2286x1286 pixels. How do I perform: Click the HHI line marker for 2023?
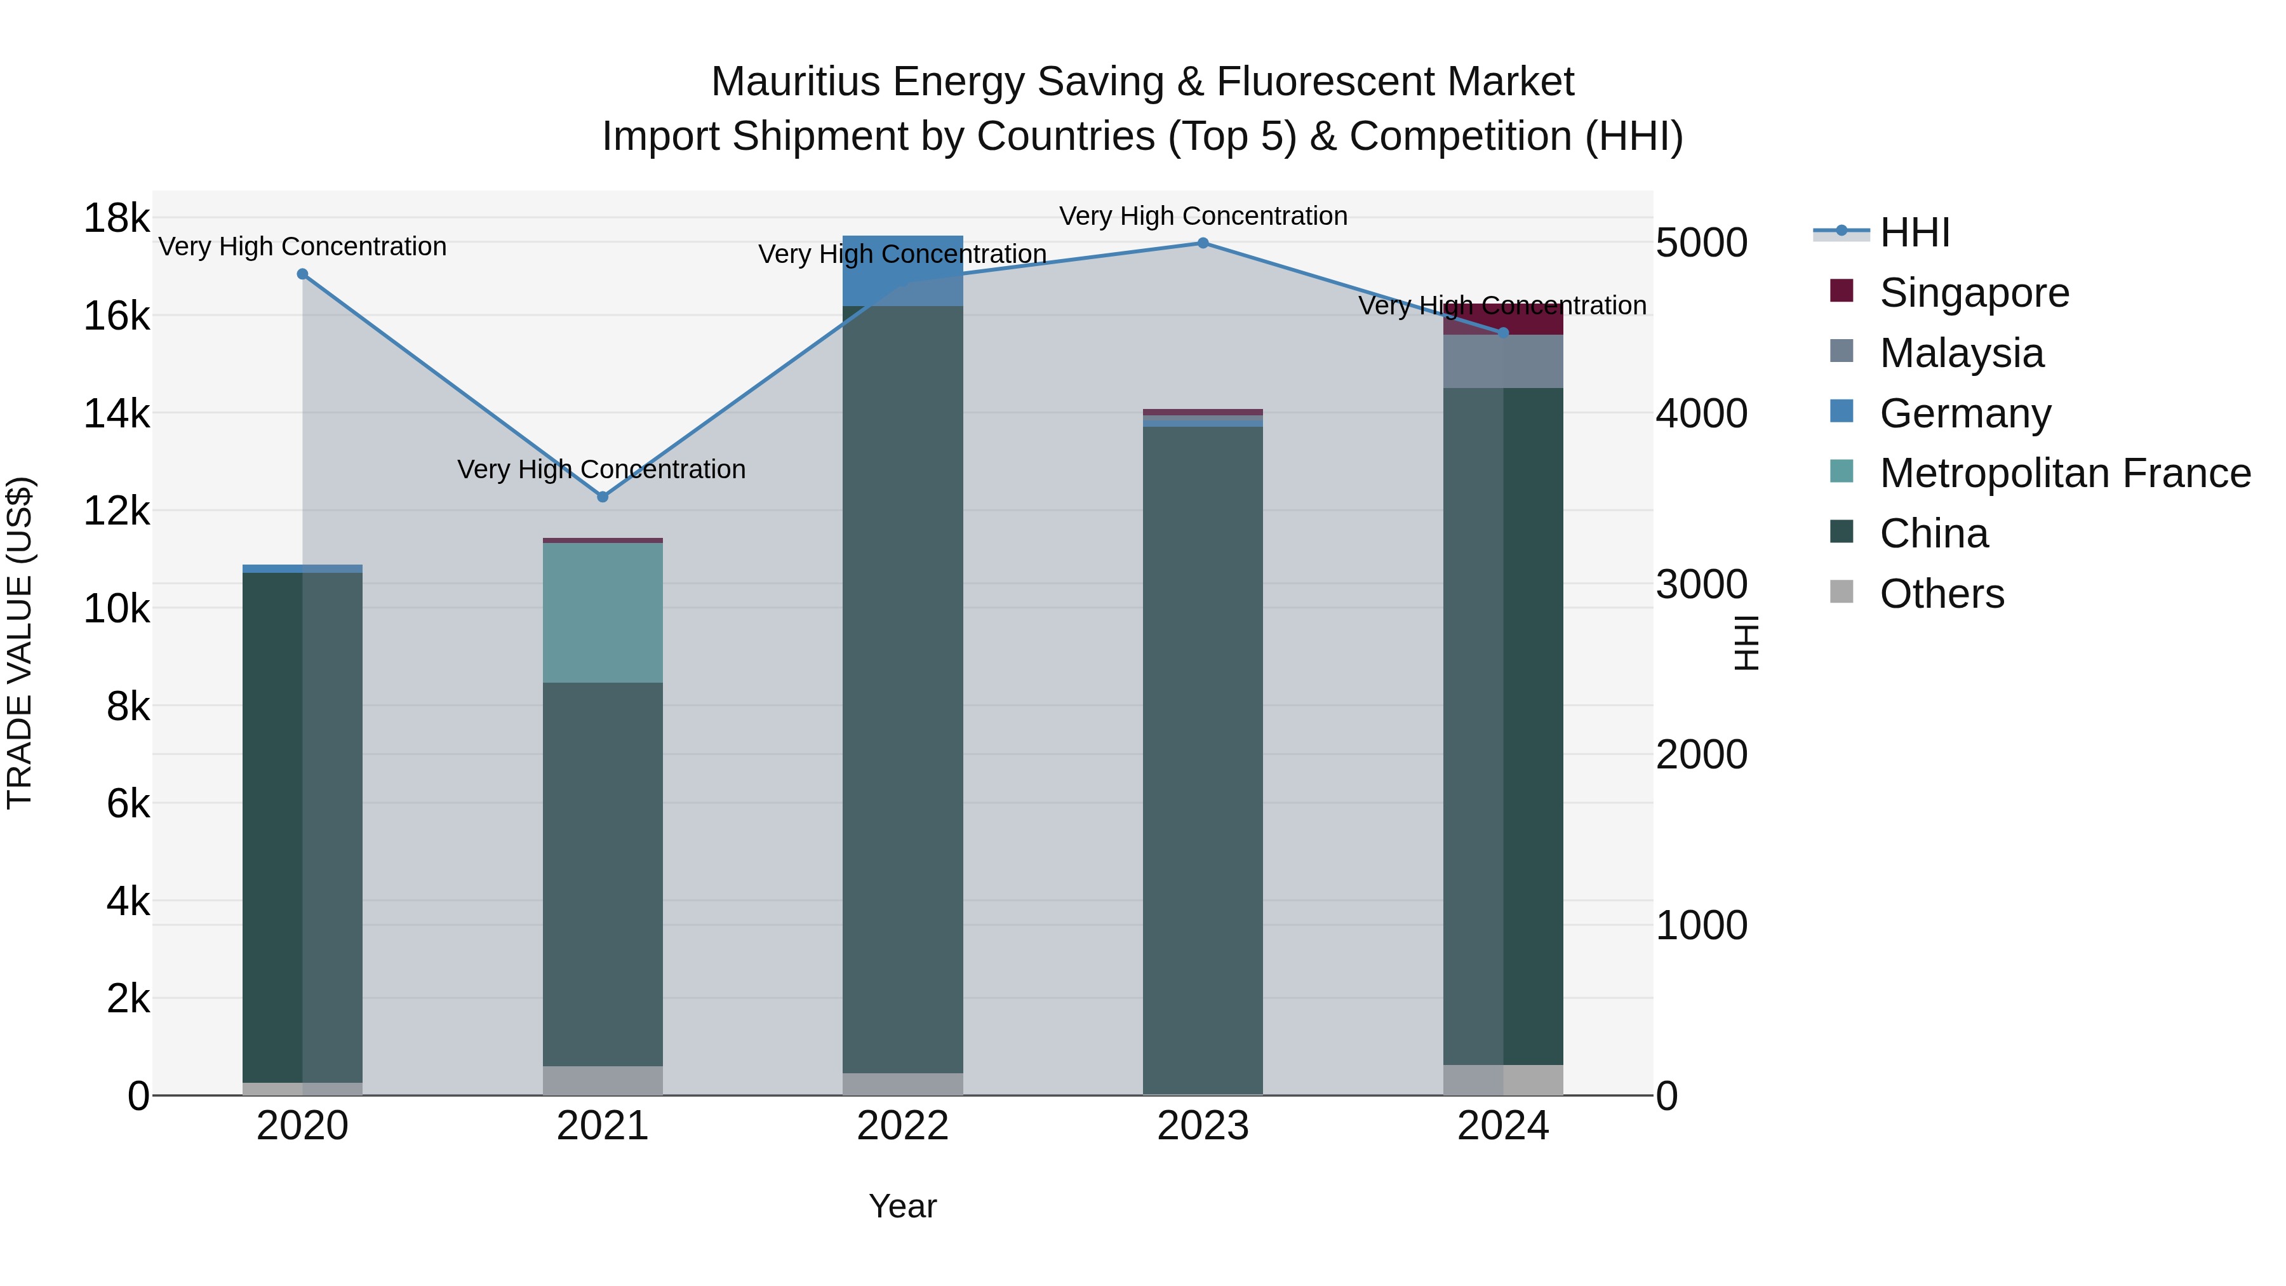(x=1203, y=243)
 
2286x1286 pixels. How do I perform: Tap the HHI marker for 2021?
(x=603, y=497)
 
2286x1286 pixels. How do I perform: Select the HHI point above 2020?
(x=303, y=274)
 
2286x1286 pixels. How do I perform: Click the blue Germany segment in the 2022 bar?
(x=902, y=271)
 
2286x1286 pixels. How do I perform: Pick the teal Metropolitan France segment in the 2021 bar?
(x=603, y=612)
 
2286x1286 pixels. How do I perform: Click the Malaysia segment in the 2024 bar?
(x=1503, y=361)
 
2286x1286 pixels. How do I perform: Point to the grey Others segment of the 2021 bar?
(x=603, y=1080)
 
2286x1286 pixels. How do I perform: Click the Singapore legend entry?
(x=1974, y=293)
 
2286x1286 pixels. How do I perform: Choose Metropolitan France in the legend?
(x=2064, y=473)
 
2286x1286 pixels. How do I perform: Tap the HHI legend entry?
(x=1914, y=232)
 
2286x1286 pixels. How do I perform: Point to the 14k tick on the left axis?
(x=116, y=413)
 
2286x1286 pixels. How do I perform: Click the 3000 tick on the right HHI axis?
(x=1701, y=584)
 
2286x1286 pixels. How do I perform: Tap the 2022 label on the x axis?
(x=902, y=1126)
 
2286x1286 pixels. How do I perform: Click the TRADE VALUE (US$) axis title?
(x=20, y=643)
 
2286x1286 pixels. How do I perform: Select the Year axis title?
(x=902, y=1206)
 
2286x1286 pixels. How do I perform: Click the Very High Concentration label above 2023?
(x=1203, y=216)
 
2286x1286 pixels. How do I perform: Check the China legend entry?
(x=1933, y=533)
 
